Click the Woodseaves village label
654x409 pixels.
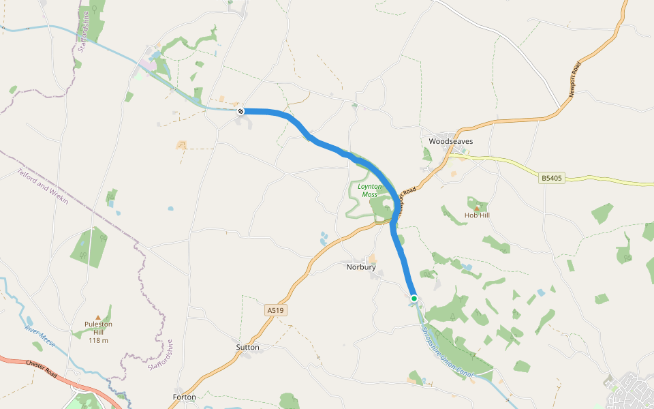pos(450,142)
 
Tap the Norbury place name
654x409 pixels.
pos(360,267)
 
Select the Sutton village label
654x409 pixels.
pos(247,347)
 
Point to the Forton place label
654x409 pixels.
pos(185,397)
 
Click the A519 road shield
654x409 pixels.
pos(275,311)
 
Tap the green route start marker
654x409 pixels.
pos(414,298)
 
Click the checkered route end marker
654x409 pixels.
pos(240,110)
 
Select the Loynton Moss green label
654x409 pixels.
pos(369,190)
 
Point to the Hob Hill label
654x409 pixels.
pos(477,215)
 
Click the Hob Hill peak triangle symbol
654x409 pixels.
pos(477,207)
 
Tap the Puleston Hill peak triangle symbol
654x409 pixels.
pos(98,317)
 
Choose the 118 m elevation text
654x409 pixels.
pos(98,340)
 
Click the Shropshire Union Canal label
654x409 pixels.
pos(447,351)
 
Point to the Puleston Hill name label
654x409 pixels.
pos(98,328)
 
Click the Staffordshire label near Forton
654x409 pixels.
pos(161,355)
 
